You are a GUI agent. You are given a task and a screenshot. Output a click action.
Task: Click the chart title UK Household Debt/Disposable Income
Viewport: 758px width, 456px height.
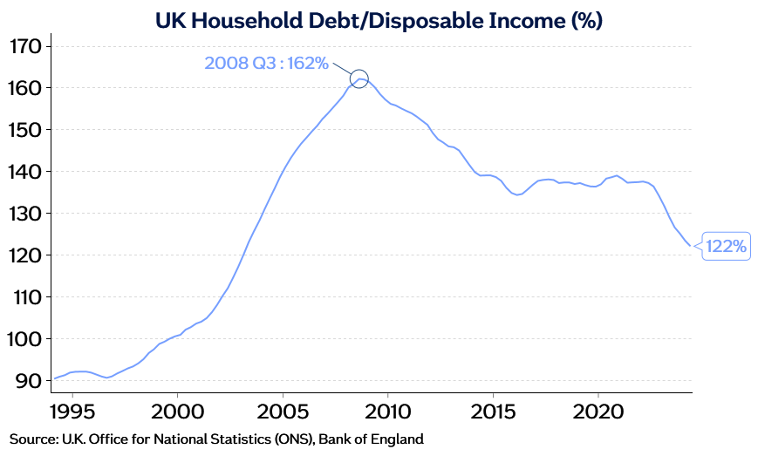point(379,18)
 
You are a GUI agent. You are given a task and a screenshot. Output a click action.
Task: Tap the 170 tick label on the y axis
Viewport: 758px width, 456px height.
point(25,46)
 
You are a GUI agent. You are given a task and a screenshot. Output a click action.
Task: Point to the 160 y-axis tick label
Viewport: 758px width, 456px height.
point(25,88)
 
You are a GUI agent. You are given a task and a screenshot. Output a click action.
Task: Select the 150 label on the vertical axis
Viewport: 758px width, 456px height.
point(25,130)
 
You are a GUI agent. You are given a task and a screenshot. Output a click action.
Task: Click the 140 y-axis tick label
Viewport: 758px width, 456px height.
point(25,172)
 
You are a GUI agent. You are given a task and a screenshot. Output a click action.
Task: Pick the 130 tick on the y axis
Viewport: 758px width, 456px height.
point(25,214)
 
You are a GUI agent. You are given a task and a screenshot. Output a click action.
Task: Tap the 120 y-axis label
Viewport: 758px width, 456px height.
point(25,255)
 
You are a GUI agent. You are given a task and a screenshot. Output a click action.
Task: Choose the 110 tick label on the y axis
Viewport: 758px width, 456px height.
point(25,297)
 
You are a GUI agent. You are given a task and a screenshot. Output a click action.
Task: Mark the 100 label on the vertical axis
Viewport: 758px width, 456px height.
point(25,339)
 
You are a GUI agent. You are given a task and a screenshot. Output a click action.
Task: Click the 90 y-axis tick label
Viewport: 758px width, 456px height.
point(29,381)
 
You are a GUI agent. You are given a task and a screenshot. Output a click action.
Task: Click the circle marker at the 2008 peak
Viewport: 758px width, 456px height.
point(359,78)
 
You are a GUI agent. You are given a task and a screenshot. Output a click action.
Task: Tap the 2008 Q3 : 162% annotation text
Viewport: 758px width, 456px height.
point(266,63)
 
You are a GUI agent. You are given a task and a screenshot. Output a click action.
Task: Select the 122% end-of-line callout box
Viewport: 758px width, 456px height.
point(726,247)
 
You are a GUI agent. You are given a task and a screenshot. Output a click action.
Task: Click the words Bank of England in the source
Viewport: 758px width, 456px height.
point(371,439)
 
